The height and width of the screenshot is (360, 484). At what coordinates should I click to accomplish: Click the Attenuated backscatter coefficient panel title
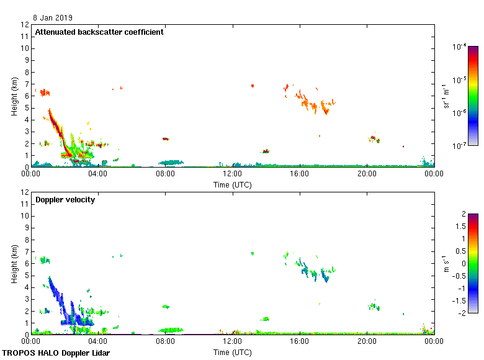(x=99, y=32)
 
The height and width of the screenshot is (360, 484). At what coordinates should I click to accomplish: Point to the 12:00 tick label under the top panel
(x=233, y=174)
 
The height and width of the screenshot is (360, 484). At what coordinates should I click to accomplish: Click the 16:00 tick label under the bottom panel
(x=300, y=341)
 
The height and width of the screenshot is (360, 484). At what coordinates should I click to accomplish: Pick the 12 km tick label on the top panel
(x=25, y=25)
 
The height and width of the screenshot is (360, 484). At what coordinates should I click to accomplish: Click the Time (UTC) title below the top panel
(x=233, y=184)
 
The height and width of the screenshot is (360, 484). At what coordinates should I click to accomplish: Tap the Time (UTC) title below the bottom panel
(x=233, y=352)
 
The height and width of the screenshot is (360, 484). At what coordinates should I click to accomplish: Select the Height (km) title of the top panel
(x=14, y=96)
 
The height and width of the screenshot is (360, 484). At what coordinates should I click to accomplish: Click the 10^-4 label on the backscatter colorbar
(x=459, y=47)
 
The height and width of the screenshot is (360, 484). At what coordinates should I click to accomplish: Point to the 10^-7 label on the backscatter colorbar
(x=459, y=146)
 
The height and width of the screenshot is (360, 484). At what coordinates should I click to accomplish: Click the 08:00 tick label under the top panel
(x=165, y=174)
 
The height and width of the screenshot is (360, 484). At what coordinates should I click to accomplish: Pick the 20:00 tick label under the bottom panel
(x=367, y=341)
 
